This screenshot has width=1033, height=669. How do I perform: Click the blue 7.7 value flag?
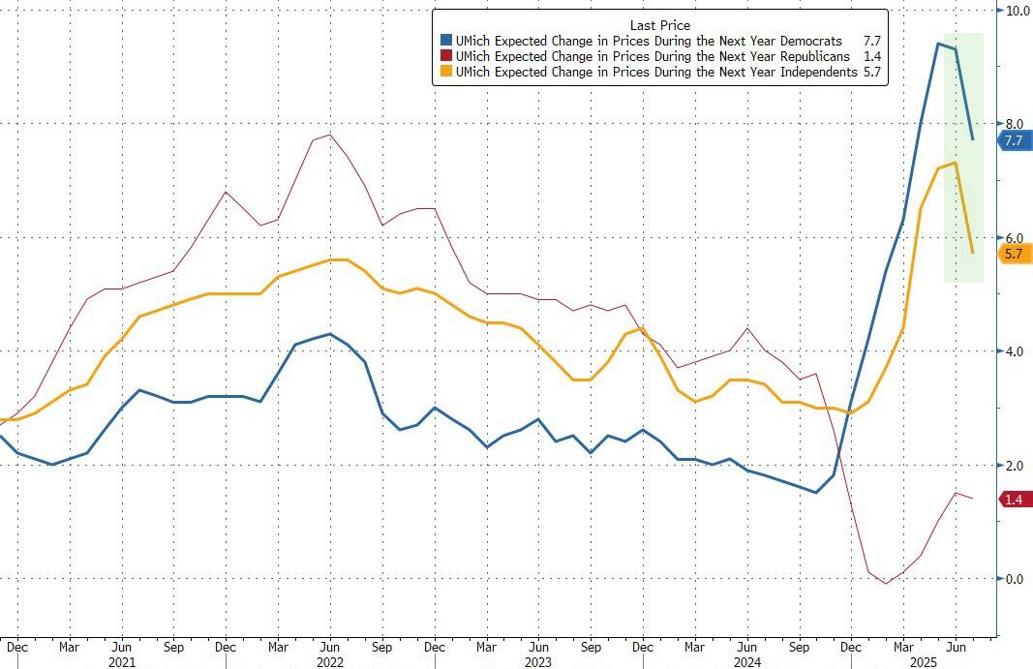tap(1014, 140)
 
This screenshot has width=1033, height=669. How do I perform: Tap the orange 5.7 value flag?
tap(1014, 254)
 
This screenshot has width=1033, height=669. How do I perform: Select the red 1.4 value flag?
tap(1014, 500)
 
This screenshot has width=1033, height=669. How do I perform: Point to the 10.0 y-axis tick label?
tap(1017, 11)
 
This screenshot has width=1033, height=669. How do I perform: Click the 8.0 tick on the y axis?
tap(1013, 124)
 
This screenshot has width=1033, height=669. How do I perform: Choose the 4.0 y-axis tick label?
tap(1013, 351)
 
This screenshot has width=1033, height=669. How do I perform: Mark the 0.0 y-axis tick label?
tap(1013, 579)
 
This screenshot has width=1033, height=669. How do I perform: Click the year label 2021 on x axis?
tap(122, 660)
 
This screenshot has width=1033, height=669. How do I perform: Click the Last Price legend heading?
tap(659, 25)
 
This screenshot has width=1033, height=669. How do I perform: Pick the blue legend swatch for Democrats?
tap(446, 42)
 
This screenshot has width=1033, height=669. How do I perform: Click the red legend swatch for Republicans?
tap(446, 57)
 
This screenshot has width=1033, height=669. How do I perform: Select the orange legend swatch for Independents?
tap(446, 73)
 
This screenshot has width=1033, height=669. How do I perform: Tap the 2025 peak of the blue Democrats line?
tap(938, 43)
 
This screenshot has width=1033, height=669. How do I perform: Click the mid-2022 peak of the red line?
tap(330, 135)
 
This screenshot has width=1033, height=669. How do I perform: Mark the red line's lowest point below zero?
tap(885, 584)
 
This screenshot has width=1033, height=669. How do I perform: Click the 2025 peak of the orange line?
tap(956, 163)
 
